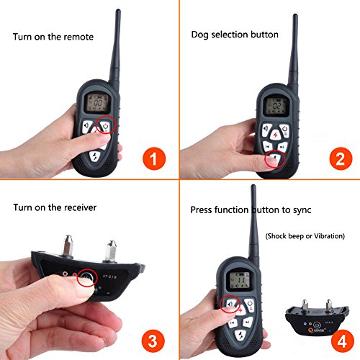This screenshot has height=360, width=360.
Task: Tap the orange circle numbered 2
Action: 330,158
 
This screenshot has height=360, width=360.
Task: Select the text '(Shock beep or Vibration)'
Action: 305,235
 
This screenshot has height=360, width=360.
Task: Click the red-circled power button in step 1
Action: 107,127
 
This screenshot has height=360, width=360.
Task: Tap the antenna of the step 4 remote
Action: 254,223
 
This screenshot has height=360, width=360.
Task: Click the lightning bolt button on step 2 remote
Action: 276,133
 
